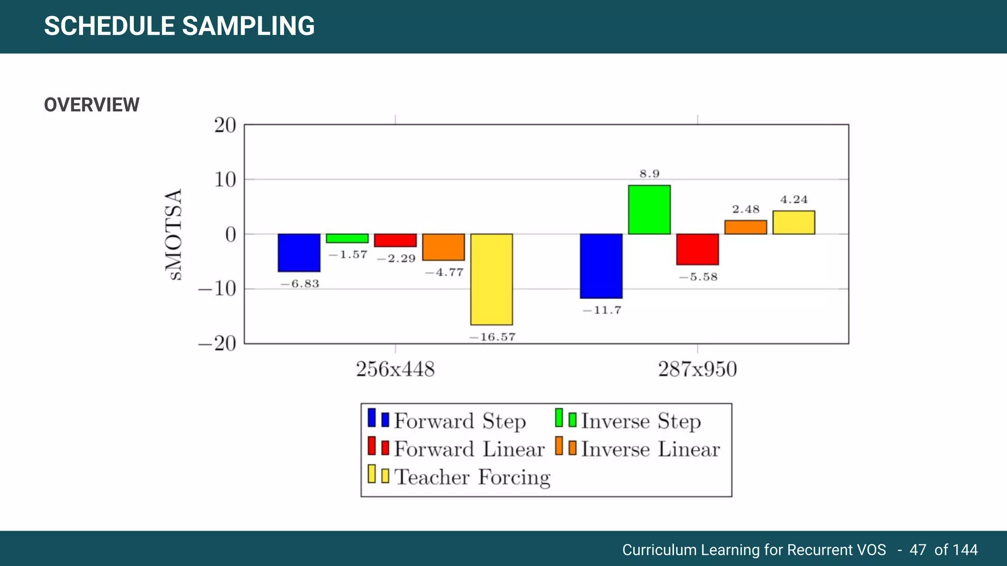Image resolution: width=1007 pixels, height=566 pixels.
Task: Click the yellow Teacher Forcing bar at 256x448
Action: click(491, 279)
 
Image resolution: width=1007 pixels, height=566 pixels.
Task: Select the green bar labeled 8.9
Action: click(649, 210)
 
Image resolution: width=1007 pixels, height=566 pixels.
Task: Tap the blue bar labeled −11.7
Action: click(601, 266)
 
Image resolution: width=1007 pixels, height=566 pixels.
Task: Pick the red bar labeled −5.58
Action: click(697, 249)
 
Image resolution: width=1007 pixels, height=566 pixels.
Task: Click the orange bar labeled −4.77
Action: click(444, 247)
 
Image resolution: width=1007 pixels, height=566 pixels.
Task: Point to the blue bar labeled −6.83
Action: click(299, 253)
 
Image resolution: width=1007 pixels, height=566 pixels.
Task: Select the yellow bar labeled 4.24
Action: click(794, 223)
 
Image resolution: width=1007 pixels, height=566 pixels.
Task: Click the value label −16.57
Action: click(492, 337)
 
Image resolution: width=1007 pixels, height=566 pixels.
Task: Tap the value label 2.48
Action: click(745, 209)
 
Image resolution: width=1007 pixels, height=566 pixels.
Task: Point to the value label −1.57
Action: click(348, 255)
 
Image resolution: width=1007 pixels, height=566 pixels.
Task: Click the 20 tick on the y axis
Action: click(225, 126)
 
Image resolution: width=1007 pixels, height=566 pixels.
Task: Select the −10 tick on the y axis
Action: click(217, 289)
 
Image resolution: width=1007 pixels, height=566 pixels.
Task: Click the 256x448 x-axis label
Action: click(395, 369)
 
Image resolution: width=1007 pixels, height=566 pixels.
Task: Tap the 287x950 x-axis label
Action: click(697, 369)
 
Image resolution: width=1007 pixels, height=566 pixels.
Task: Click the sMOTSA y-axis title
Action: click(174, 234)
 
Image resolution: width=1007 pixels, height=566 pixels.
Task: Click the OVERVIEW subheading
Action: click(92, 105)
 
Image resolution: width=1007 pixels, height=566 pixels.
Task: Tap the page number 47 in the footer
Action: click(918, 549)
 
